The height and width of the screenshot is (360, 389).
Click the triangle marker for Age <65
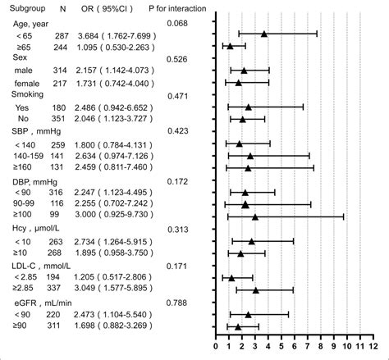pos(264,34)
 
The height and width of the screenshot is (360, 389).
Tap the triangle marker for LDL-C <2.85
pos(231,278)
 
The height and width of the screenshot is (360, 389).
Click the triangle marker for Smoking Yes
pos(248,107)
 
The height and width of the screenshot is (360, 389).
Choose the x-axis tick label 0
pos(216,348)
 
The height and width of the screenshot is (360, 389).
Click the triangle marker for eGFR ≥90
pos(238,326)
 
